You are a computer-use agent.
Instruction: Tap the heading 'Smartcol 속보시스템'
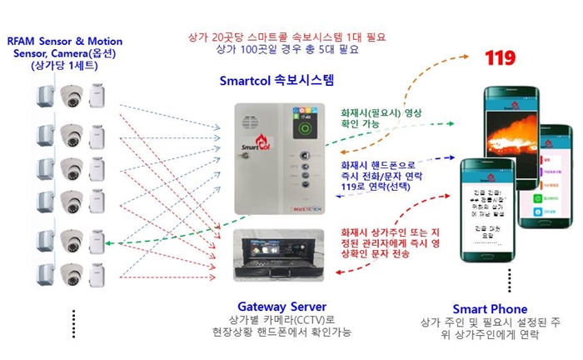[x=275, y=82]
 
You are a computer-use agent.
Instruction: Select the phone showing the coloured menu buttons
[x=547, y=179]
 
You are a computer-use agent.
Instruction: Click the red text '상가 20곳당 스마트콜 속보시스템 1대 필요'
[x=288, y=37]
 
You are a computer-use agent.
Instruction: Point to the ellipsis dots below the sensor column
[x=73, y=322]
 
